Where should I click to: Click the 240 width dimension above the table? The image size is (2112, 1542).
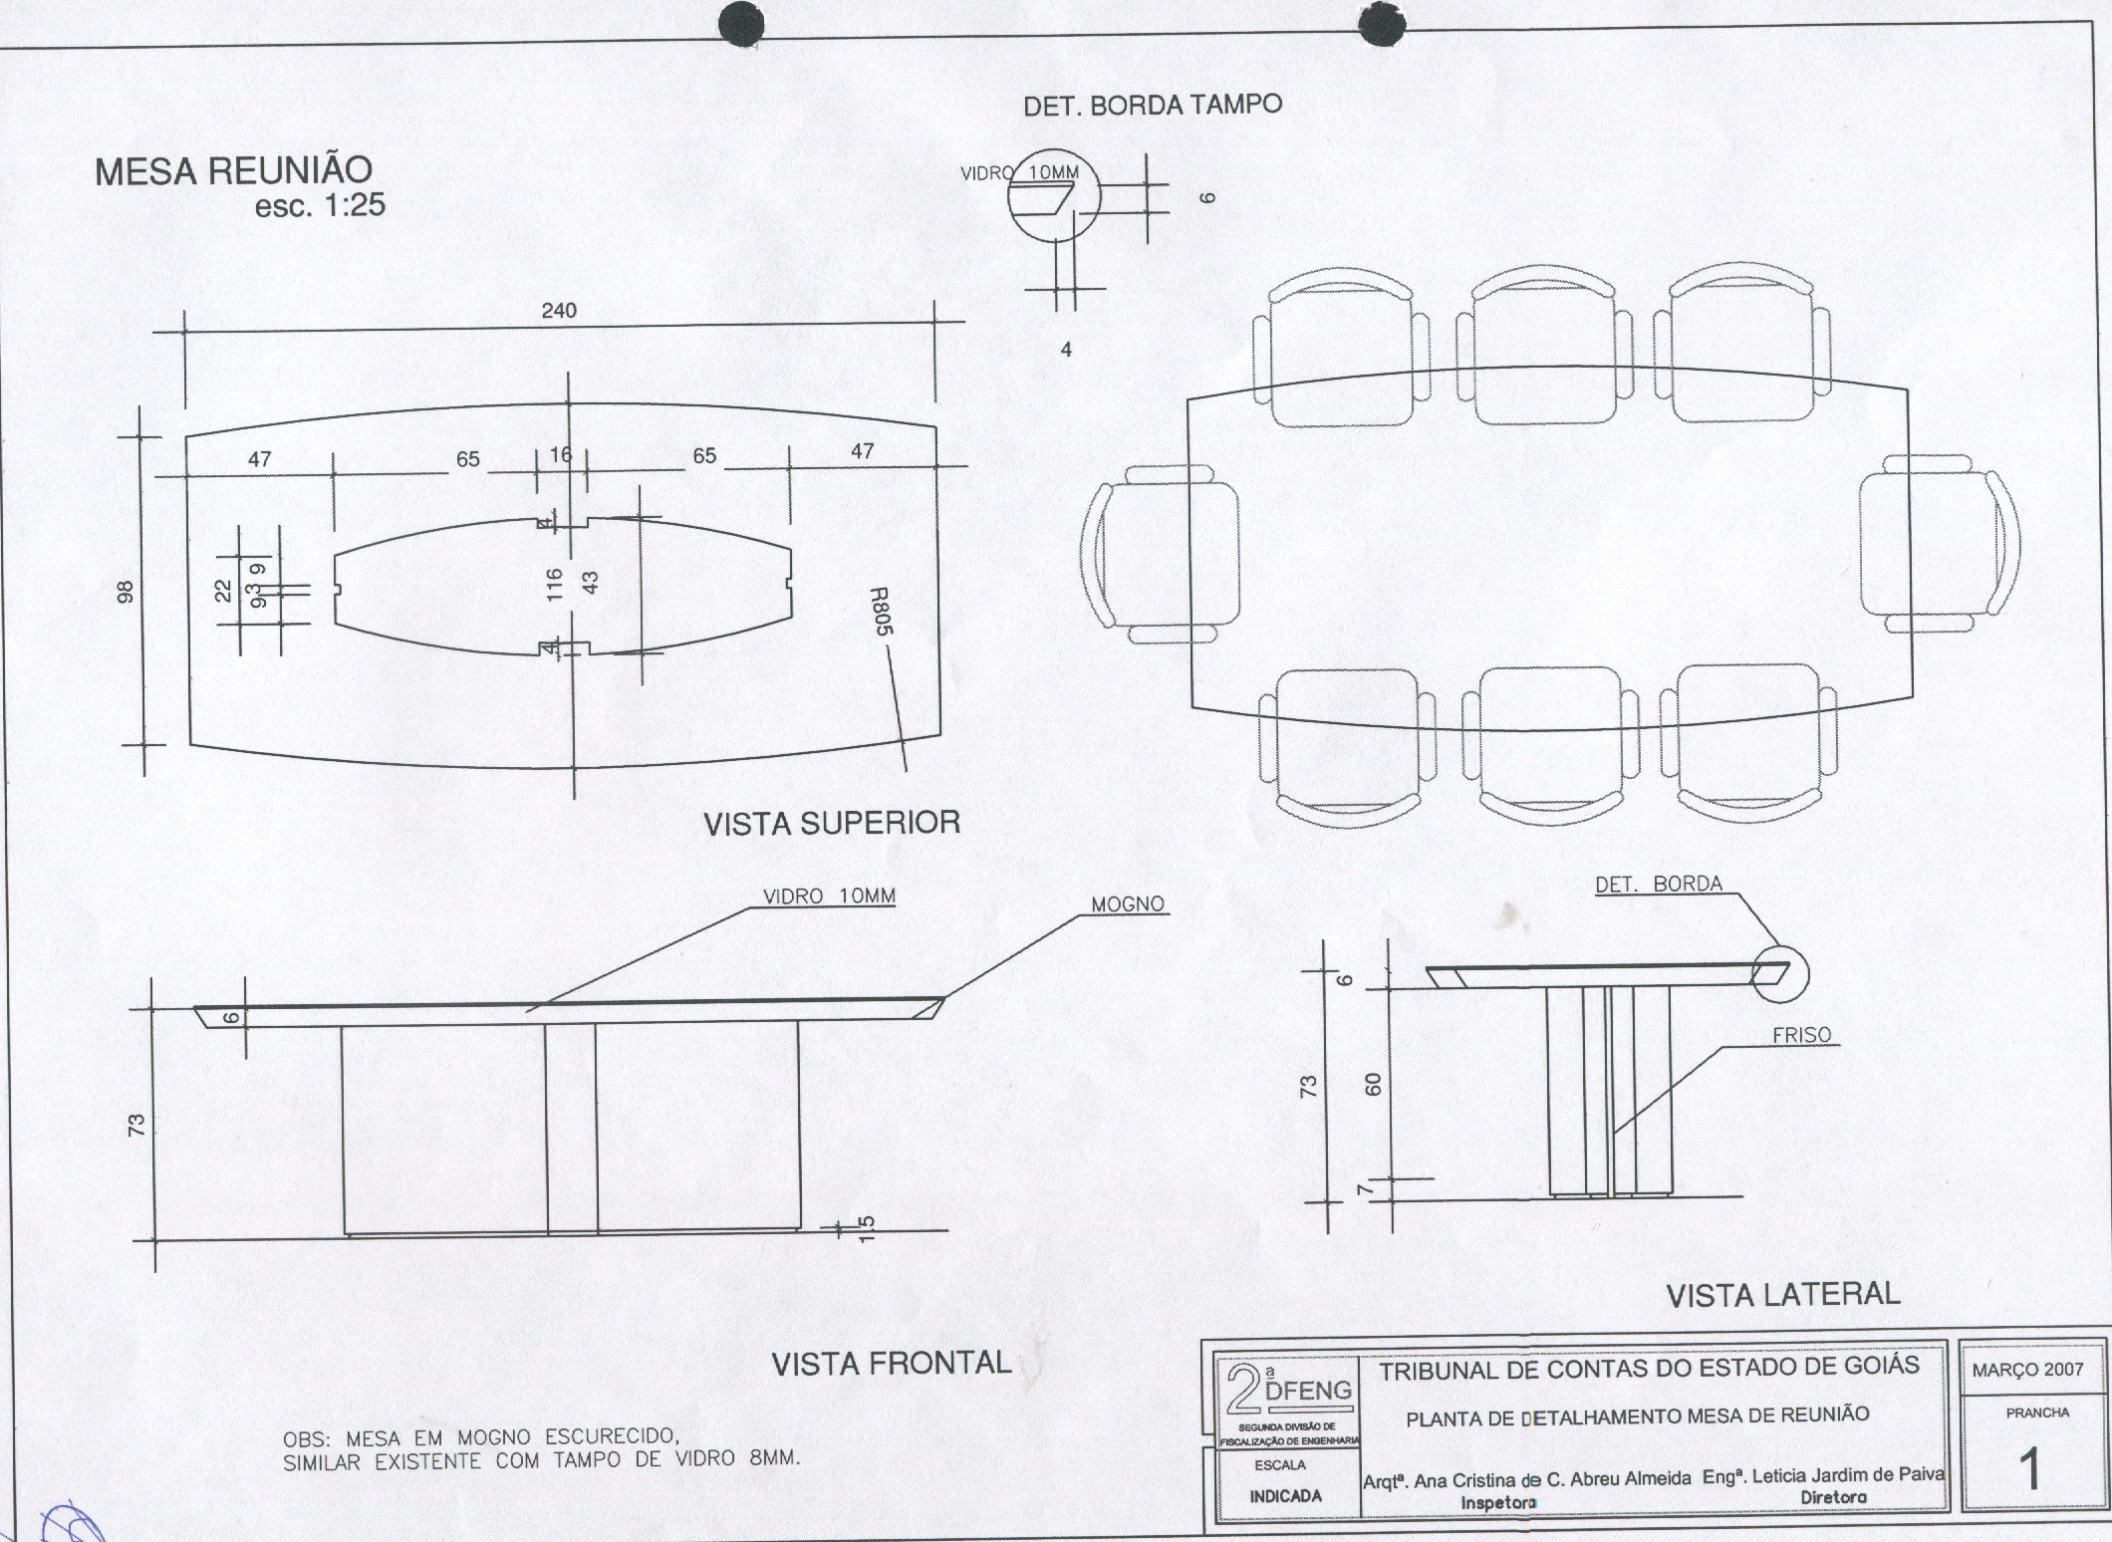point(559,311)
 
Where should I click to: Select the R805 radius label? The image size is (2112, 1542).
point(880,612)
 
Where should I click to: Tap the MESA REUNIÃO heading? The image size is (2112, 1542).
point(233,171)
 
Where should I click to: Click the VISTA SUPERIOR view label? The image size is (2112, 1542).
point(832,823)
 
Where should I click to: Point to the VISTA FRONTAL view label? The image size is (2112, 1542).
point(892,1363)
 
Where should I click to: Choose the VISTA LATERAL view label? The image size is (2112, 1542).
point(1783,1294)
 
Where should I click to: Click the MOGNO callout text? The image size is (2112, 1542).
point(1128,904)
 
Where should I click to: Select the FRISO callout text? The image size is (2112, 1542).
point(1801,1035)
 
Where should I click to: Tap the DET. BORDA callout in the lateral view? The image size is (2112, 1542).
point(1659,884)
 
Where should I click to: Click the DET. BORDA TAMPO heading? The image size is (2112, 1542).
point(1153,105)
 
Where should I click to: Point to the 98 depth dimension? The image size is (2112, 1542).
point(125,593)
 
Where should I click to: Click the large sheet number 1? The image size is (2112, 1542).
point(2029,1470)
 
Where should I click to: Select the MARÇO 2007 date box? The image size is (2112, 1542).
point(2028,1370)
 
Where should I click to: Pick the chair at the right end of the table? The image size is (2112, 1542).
point(1938,546)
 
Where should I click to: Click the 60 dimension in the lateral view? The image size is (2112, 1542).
point(1374,1086)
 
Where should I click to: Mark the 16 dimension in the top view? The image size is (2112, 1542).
point(561,455)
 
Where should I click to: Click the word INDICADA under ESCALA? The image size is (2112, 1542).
point(1286,1496)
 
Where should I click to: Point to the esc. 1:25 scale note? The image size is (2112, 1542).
point(320,206)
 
